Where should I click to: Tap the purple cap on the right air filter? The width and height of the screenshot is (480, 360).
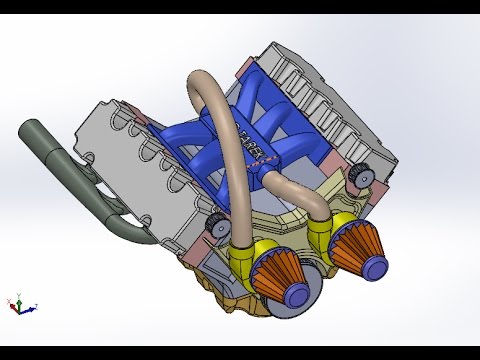point(377,265)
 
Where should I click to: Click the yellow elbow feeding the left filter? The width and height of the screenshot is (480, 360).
point(246,257)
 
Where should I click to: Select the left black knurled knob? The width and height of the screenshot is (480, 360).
point(213,229)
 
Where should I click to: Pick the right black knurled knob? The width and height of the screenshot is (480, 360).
point(359,175)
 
